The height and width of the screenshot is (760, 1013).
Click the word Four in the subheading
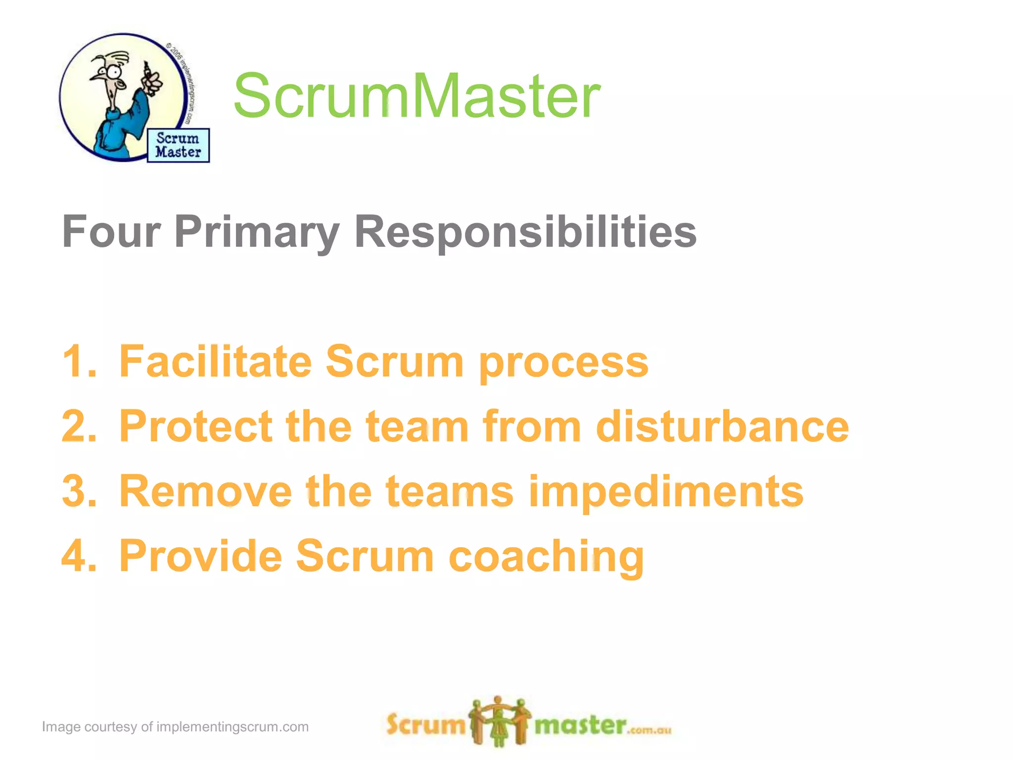point(111,232)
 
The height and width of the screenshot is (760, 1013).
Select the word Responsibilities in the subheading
point(525,232)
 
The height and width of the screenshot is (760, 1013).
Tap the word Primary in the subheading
point(257,232)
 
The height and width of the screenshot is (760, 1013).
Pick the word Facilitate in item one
point(215,362)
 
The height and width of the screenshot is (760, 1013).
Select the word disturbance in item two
point(722,427)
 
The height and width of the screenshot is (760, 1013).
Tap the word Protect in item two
point(195,427)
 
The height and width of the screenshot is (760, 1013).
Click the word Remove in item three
point(205,491)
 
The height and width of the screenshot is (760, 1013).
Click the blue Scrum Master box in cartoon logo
point(178,145)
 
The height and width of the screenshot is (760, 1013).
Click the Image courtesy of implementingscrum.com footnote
point(175,727)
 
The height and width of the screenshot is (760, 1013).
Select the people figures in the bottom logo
point(500,721)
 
